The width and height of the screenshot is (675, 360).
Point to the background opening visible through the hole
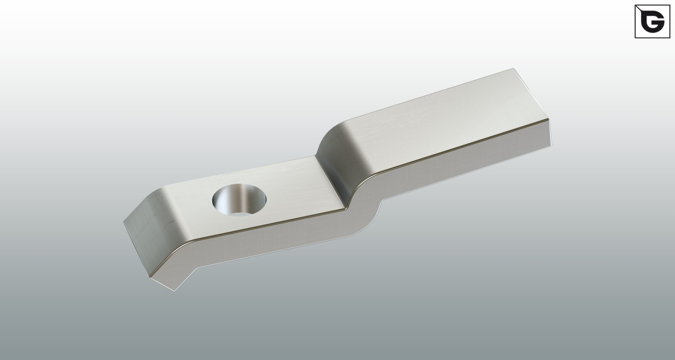(x=244, y=213)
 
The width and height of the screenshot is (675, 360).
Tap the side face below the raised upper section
(x=457, y=165)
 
